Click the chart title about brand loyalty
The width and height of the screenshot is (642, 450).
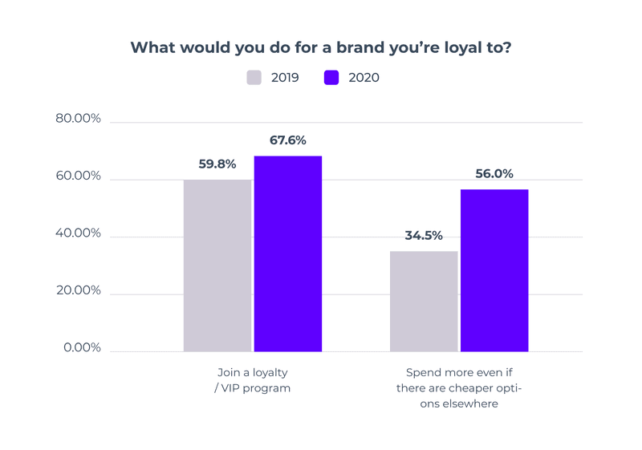click(x=321, y=47)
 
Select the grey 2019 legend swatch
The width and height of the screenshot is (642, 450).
click(x=254, y=78)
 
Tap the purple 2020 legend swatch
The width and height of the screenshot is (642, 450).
click(x=331, y=78)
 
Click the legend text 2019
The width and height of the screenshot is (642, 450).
click(x=284, y=78)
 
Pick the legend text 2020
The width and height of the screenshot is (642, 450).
click(x=364, y=78)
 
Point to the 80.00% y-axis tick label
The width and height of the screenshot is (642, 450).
click(x=78, y=119)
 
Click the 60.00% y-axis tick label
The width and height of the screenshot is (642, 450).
click(x=78, y=176)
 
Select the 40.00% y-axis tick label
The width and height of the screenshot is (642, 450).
click(x=78, y=233)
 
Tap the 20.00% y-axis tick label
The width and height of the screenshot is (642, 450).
click(x=78, y=290)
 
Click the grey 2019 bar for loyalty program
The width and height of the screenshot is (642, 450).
click(x=217, y=266)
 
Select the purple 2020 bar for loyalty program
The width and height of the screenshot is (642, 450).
click(x=288, y=254)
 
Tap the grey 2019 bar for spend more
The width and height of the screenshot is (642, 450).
click(x=424, y=302)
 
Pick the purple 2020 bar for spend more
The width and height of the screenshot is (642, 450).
click(x=494, y=271)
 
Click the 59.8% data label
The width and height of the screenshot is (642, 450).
click(x=217, y=164)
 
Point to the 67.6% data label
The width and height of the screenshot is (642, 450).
click(x=288, y=140)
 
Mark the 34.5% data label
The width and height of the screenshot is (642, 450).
click(x=424, y=236)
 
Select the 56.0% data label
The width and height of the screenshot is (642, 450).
click(x=494, y=174)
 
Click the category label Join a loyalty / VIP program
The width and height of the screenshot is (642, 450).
click(x=253, y=380)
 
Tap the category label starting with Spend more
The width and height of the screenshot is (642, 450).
click(x=458, y=388)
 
